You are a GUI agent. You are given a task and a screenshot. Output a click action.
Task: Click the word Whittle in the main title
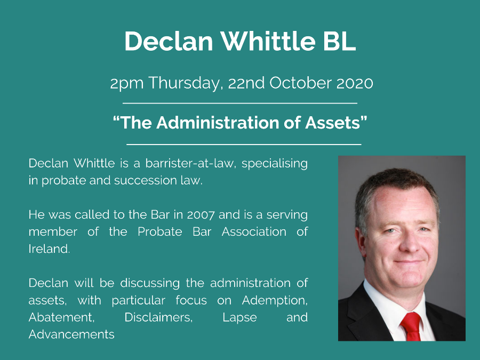pyautogui.click(x=268, y=41)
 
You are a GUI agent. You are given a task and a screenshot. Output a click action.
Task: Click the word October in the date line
pyautogui.click(x=300, y=83)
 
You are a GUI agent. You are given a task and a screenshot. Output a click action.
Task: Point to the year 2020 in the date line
pyautogui.click(x=355, y=83)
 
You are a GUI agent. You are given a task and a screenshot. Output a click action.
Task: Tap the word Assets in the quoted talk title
pyautogui.click(x=333, y=123)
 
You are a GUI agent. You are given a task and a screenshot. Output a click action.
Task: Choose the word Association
pyautogui.click(x=254, y=232)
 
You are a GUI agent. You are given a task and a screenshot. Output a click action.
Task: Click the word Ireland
pyautogui.click(x=49, y=249)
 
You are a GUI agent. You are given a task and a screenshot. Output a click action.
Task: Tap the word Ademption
pyautogui.click(x=274, y=300)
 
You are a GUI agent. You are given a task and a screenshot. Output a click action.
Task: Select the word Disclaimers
pyautogui.click(x=158, y=317)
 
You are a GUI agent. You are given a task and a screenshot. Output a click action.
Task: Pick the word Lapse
pyautogui.click(x=239, y=318)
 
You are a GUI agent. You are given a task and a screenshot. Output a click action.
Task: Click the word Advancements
pyautogui.click(x=71, y=334)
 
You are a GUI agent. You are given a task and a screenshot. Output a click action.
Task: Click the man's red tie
pyautogui.click(x=411, y=326)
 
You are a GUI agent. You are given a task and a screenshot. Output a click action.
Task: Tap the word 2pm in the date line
pyautogui.click(x=127, y=84)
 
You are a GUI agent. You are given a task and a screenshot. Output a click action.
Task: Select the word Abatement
pyautogui.click(x=61, y=317)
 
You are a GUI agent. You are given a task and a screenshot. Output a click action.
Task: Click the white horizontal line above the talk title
pyautogui.click(x=239, y=103)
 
